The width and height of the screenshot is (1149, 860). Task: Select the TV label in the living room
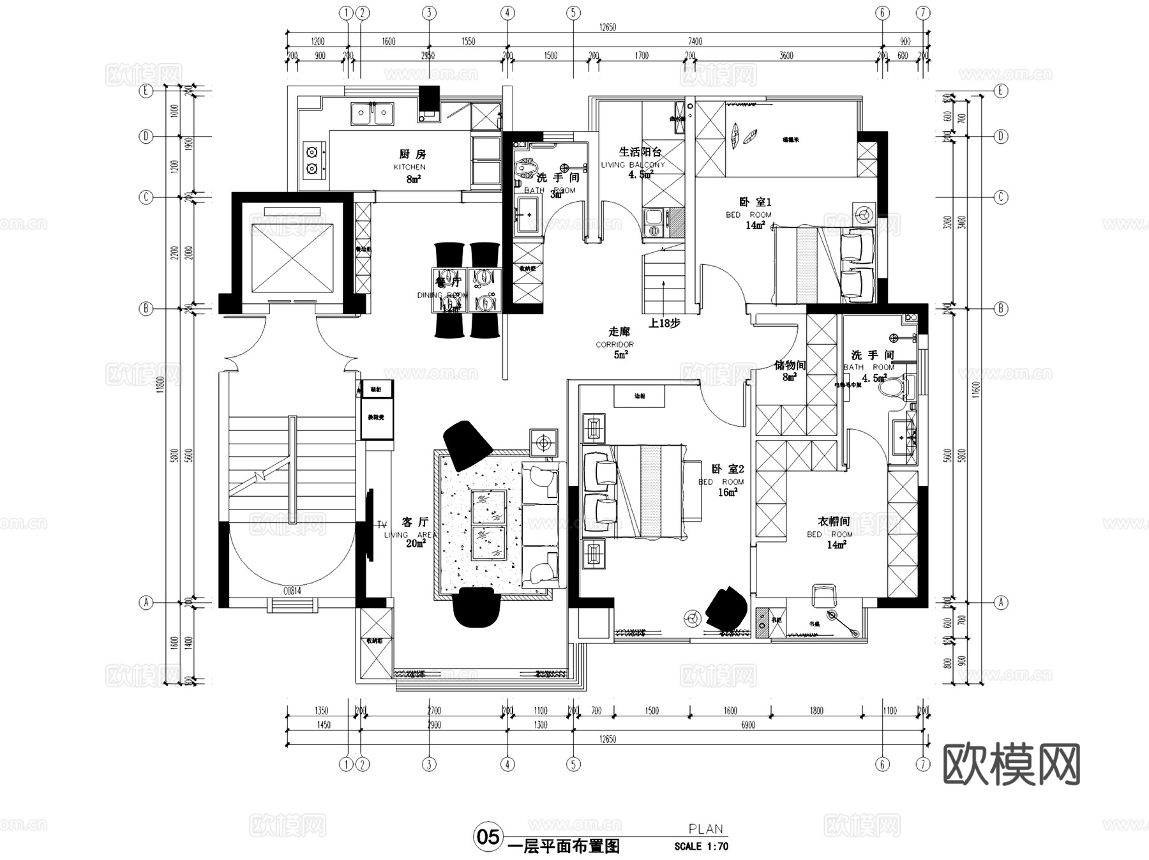click(382, 525)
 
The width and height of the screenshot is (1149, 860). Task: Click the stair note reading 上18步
click(664, 323)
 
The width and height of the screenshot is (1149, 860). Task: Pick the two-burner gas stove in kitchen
click(312, 160)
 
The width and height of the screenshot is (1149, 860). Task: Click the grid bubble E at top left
click(146, 91)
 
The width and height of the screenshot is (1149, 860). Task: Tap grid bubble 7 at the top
click(924, 13)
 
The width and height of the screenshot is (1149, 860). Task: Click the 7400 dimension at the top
click(695, 41)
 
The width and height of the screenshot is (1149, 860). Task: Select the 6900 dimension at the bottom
click(747, 725)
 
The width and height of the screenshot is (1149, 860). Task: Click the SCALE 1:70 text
click(701, 847)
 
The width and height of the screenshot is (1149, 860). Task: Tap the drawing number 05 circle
click(488, 837)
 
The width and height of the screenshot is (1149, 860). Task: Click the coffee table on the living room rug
click(489, 525)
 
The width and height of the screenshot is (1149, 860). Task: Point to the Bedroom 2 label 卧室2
click(728, 469)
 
